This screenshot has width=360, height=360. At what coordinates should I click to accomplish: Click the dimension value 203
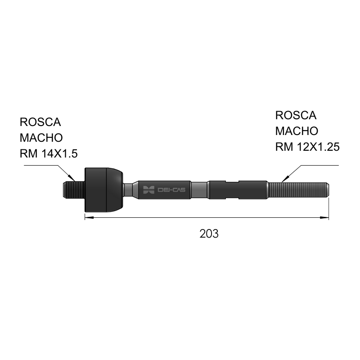pyautogui.click(x=209, y=234)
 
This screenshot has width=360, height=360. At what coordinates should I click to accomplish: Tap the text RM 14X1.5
pyautogui.click(x=49, y=153)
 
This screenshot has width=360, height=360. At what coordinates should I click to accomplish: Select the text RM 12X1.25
pyautogui.click(x=307, y=147)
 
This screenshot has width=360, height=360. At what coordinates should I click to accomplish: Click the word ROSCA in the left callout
pyautogui.click(x=40, y=122)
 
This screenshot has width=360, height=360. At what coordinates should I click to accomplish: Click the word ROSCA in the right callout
pyautogui.click(x=296, y=115)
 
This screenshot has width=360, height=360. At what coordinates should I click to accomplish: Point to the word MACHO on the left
pyautogui.click(x=41, y=138)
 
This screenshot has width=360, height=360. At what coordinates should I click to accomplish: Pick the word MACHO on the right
pyautogui.click(x=297, y=131)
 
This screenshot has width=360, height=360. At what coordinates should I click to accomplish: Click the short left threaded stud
pyautogui.click(x=74, y=190)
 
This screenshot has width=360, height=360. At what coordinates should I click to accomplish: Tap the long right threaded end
pyautogui.click(x=298, y=190)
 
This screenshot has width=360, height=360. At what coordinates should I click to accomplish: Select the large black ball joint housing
pyautogui.click(x=103, y=190)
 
